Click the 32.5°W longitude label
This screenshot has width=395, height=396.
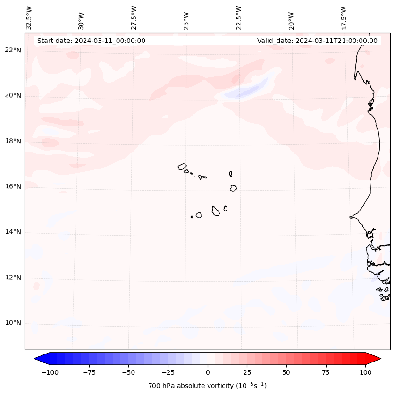[29, 17]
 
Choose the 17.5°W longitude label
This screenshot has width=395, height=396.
[344, 17]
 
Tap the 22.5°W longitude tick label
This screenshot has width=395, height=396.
[239, 17]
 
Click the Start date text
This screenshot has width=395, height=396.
[91, 41]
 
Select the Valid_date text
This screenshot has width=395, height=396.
[317, 41]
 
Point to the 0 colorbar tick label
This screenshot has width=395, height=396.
[208, 372]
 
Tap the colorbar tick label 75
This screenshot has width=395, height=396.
[326, 372]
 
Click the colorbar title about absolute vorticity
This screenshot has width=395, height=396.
[208, 386]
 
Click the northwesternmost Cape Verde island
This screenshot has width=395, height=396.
[182, 167]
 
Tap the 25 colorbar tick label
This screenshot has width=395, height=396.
[247, 372]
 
